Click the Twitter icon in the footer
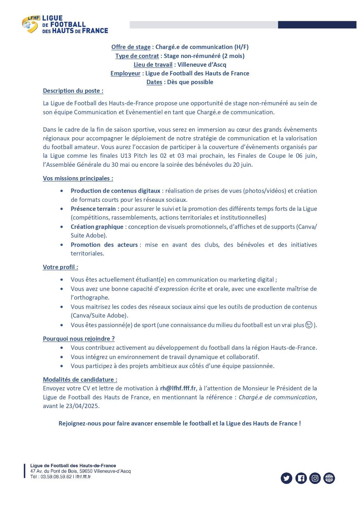coord(286,478)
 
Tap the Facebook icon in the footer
coord(301,478)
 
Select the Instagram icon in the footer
coord(315,478)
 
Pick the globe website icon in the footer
coord(329,478)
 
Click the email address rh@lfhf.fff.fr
coord(178,388)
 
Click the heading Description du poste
coord(73,91)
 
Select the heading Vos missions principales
coord(78,178)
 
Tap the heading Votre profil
coord(60,267)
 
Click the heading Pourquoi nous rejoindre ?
coord(79,339)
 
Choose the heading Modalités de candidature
coord(80,380)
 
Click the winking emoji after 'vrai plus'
coord(309,325)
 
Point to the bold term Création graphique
coord(97,227)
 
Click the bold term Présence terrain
coord(93,209)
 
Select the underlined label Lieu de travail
coord(153,65)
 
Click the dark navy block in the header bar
coord(317,25)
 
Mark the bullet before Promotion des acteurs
coord(62,245)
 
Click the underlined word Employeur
coord(125,73)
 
